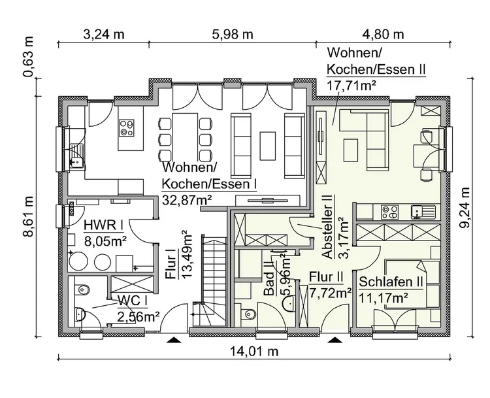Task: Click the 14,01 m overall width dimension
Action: click(254, 352)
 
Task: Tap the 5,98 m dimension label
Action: click(233, 34)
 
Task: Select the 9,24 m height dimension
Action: click(465, 208)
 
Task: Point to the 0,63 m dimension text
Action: click(28, 57)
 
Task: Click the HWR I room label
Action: click(103, 225)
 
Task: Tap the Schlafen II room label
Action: click(391, 282)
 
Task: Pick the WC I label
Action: click(133, 301)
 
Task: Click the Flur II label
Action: click(326, 277)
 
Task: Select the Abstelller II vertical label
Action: click(328, 227)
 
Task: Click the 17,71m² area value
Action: click(351, 85)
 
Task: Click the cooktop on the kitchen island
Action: click(127, 128)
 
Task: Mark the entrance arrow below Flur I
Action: click(174, 340)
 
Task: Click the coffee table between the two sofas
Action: click(267, 146)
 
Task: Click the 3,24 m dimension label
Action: click(104, 34)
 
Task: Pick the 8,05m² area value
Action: click(105, 241)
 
